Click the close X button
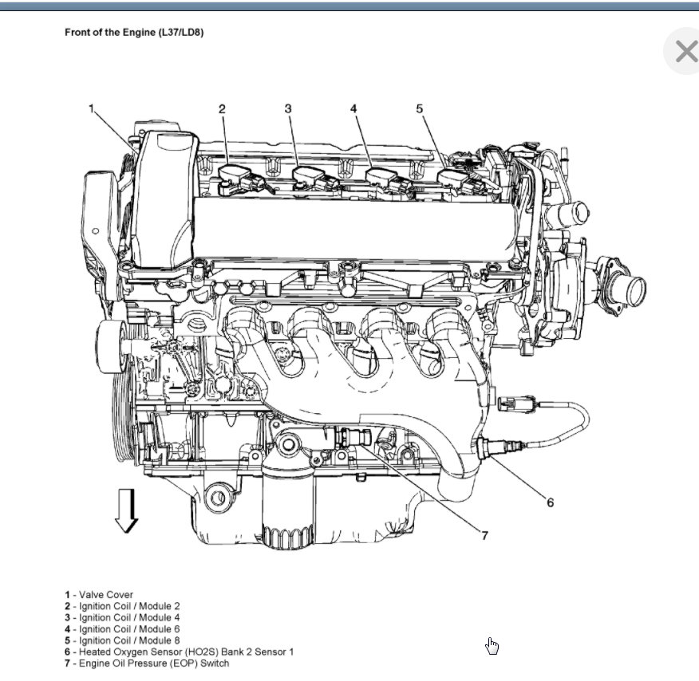click(685, 53)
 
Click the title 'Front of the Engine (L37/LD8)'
click(135, 33)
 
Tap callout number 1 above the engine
click(92, 108)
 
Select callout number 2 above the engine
click(223, 108)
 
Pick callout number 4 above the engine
click(353, 108)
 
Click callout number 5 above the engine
click(419, 108)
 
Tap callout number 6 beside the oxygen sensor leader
click(550, 502)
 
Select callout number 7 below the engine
click(484, 536)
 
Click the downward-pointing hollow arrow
click(126, 510)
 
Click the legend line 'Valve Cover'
click(99, 595)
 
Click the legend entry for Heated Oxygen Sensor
click(179, 651)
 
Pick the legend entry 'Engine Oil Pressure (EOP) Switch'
click(147, 663)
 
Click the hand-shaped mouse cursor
click(492, 646)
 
